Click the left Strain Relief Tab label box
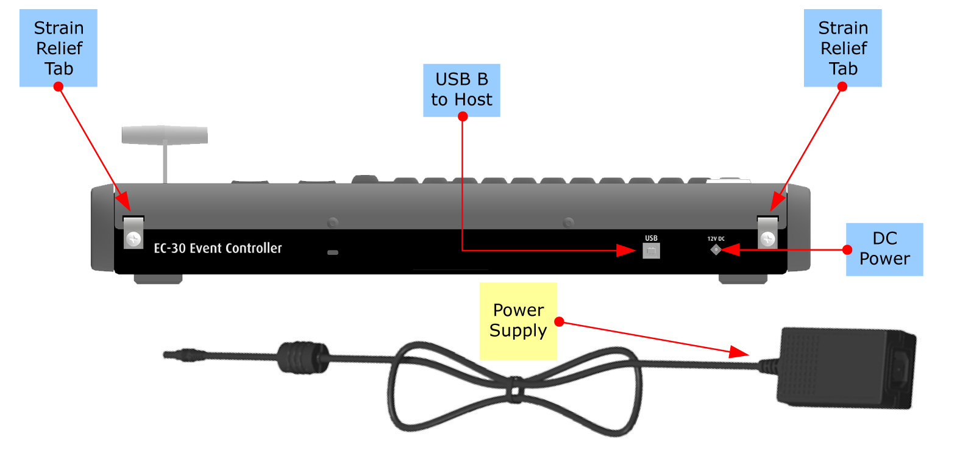pos(59,48)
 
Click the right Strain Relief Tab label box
pos(842,48)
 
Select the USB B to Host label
pos(461,90)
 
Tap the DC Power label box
pos(884,249)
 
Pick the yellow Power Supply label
pos(518,321)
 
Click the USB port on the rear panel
pos(651,251)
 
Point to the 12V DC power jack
pos(716,249)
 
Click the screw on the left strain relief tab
pos(133,238)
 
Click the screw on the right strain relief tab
pos(767,238)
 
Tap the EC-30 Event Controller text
pos(218,248)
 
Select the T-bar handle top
pos(165,135)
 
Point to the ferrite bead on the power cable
pos(303,357)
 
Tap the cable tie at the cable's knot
pos(516,390)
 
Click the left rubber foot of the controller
pos(158,279)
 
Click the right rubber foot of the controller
pos(743,279)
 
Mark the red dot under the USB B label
pos(463,116)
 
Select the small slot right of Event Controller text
pos(333,252)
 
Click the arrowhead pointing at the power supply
pos(739,352)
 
